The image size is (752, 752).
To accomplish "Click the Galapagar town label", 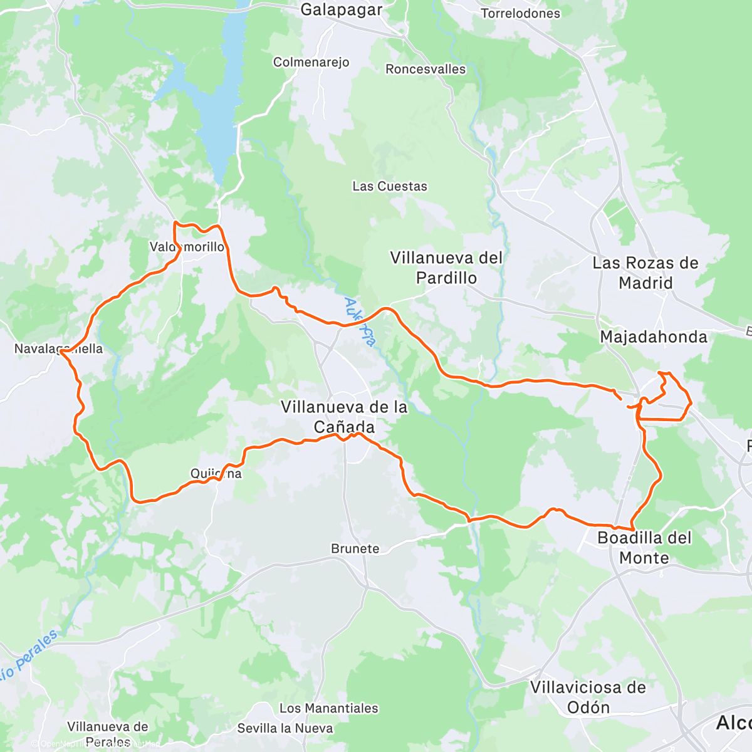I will (341, 9).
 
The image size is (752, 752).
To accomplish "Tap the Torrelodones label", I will (520, 13).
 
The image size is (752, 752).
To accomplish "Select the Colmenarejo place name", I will (311, 62).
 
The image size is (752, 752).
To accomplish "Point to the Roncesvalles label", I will (426, 69).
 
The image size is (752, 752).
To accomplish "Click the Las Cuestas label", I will (390, 186).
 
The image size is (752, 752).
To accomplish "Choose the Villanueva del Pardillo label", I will (446, 268).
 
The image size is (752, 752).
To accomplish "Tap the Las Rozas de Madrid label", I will (645, 273).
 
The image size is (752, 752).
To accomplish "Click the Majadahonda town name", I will (654, 337).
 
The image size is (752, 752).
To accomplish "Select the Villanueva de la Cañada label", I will (344, 417).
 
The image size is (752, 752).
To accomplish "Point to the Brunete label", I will (355, 548).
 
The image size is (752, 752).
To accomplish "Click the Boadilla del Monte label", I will (644, 547).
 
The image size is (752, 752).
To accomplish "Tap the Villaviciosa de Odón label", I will (588, 697).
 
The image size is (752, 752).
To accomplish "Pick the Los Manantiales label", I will (329, 708).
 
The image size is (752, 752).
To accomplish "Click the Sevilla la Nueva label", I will (285, 728).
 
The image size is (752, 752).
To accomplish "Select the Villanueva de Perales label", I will (108, 734).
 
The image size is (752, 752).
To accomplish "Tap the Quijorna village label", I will (216, 474).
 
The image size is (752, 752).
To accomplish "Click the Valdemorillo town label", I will (187, 247).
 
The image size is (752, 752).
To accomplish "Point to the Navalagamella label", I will (58, 348).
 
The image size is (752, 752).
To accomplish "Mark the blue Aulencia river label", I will (360, 322).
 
